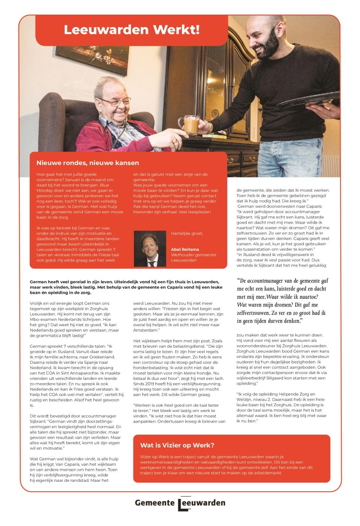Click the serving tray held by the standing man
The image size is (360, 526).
pyautogui.click(x=318, y=101)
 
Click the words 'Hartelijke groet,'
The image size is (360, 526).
pyautogui.click(x=186, y=233)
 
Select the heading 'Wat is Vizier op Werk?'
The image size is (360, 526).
pyautogui.click(x=177, y=445)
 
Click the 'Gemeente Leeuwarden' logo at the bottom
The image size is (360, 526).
pyautogui.click(x=180, y=503)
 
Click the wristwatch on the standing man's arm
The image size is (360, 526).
pyautogui.click(x=211, y=127)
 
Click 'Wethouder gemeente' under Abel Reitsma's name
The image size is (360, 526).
pyautogui.click(x=193, y=255)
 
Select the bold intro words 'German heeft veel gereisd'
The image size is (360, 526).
pyautogui.click(x=59, y=282)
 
